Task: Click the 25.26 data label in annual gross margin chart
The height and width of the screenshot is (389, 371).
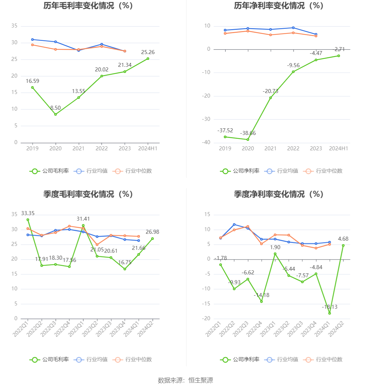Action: click(x=148, y=52)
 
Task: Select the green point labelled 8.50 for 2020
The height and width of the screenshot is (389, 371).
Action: click(x=55, y=114)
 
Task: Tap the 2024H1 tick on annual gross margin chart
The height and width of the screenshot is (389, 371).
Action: click(x=148, y=149)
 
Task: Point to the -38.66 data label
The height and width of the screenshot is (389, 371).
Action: click(x=248, y=133)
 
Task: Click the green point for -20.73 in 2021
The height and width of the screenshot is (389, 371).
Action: click(x=271, y=98)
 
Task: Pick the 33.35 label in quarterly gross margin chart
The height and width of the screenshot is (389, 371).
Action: click(x=28, y=213)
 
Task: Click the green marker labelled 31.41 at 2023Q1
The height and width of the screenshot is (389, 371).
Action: click(x=83, y=225)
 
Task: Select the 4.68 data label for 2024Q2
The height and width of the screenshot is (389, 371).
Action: click(x=343, y=239)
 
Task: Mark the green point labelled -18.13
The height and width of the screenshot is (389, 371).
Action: click(x=329, y=313)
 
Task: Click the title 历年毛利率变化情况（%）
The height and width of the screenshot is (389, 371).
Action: click(x=88, y=6)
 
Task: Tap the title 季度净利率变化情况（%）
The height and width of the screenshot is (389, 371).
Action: click(x=279, y=194)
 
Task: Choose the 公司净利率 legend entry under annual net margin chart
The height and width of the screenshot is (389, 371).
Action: click(x=240, y=171)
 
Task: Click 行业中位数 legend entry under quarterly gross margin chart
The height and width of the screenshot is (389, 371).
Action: click(x=132, y=360)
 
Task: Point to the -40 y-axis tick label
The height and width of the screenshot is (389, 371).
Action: click(x=206, y=143)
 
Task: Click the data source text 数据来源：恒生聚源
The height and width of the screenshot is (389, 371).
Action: click(x=185, y=380)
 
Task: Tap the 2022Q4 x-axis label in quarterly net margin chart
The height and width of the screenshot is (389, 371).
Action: click(x=254, y=329)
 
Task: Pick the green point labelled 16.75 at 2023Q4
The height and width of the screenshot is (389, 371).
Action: click(x=125, y=269)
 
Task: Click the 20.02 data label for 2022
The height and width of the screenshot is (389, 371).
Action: click(x=102, y=70)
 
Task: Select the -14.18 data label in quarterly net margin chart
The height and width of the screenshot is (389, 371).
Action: click(x=261, y=295)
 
